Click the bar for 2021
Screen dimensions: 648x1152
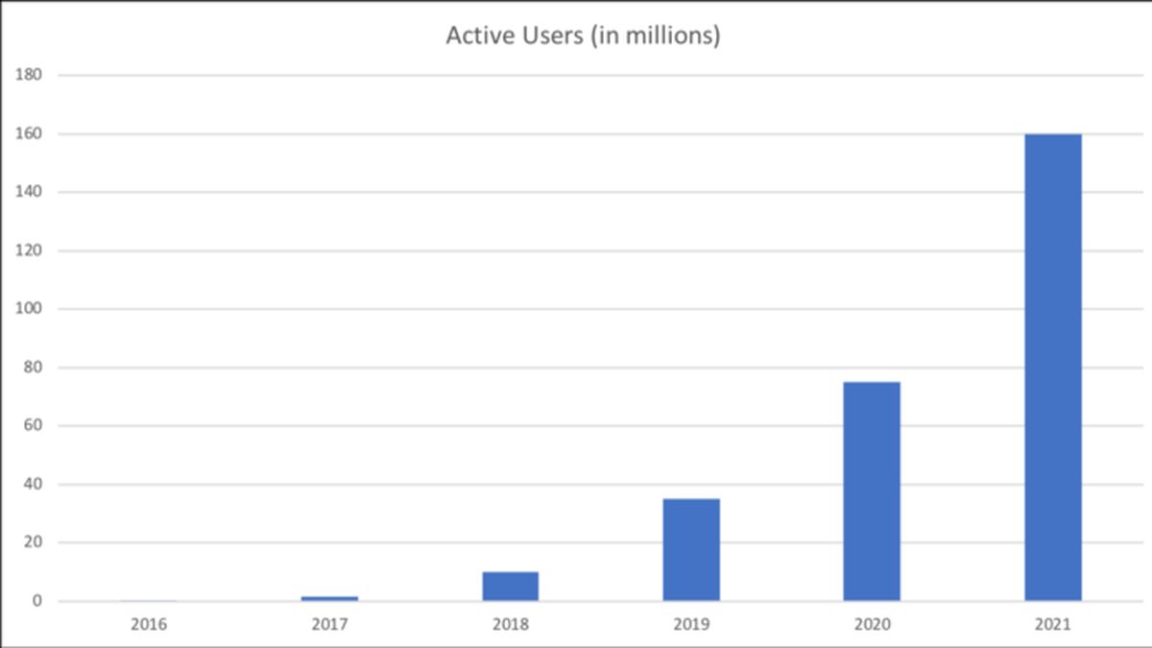(x=1053, y=368)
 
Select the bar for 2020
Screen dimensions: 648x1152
(x=872, y=492)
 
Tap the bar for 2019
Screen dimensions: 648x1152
(x=691, y=550)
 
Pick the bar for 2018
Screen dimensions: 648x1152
(x=510, y=587)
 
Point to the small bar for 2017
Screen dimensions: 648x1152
(x=329, y=598)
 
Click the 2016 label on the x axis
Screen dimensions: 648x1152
(x=149, y=625)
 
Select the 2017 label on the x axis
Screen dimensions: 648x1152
(x=329, y=625)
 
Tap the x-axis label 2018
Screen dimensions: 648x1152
(x=510, y=625)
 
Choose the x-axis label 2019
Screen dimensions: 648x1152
(x=691, y=625)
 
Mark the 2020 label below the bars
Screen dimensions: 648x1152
(x=872, y=625)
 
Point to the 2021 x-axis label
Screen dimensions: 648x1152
(x=1053, y=625)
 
